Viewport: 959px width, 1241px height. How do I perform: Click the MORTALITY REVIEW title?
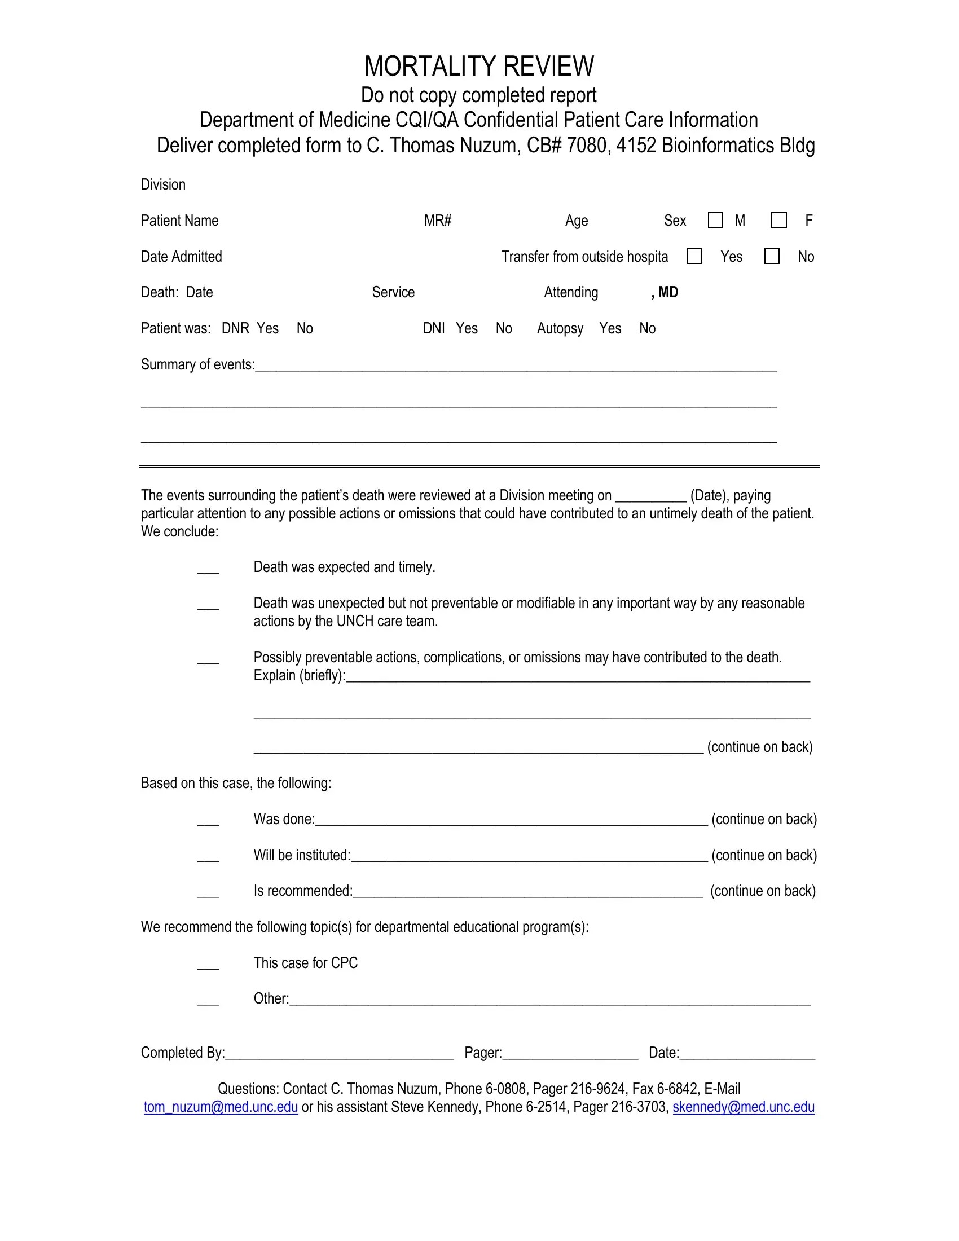(x=479, y=66)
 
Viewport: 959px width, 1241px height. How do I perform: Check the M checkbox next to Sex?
(x=715, y=221)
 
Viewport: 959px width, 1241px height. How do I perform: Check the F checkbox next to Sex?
(x=779, y=221)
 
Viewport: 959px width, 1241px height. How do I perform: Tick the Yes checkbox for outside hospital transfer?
(x=694, y=256)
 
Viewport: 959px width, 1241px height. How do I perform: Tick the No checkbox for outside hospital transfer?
(x=772, y=256)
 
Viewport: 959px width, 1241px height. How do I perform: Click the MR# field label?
(x=437, y=221)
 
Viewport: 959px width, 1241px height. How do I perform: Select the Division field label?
(x=163, y=184)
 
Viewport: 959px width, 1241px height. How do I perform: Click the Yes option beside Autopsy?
(x=610, y=328)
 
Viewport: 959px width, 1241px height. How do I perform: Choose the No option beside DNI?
(x=504, y=328)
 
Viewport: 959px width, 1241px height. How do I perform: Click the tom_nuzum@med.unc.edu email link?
(x=221, y=1107)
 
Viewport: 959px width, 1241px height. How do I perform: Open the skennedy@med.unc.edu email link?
(x=744, y=1107)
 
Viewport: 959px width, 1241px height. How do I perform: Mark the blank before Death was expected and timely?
(x=208, y=570)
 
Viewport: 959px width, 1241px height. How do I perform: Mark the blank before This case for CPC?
(x=208, y=966)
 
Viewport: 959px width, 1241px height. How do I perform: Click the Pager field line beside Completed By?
(x=570, y=1055)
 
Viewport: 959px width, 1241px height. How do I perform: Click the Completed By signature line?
(x=339, y=1055)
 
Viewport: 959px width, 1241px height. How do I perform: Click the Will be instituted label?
(x=302, y=855)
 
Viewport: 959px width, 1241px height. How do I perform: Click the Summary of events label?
(x=197, y=364)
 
